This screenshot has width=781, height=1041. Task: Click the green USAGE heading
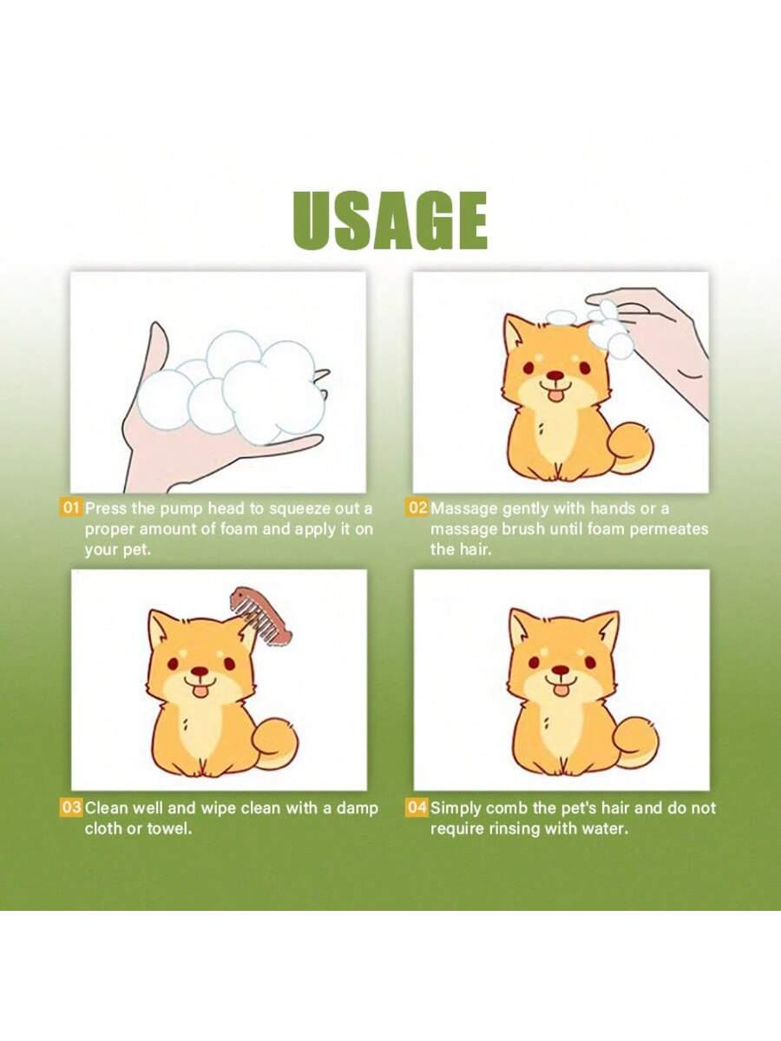coord(390,221)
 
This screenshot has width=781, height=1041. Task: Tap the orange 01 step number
coord(71,507)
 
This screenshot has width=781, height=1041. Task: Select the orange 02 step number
coord(417,507)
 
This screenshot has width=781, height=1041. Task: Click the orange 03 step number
coord(71,808)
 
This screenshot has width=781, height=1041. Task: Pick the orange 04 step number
coord(417,808)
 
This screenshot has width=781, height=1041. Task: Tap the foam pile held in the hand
coord(234,386)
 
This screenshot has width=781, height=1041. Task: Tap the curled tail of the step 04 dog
coord(637,742)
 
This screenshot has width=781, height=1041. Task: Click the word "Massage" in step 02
coord(464,508)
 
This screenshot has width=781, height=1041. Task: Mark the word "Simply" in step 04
coord(456,809)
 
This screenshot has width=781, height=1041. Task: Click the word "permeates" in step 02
coord(669,529)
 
